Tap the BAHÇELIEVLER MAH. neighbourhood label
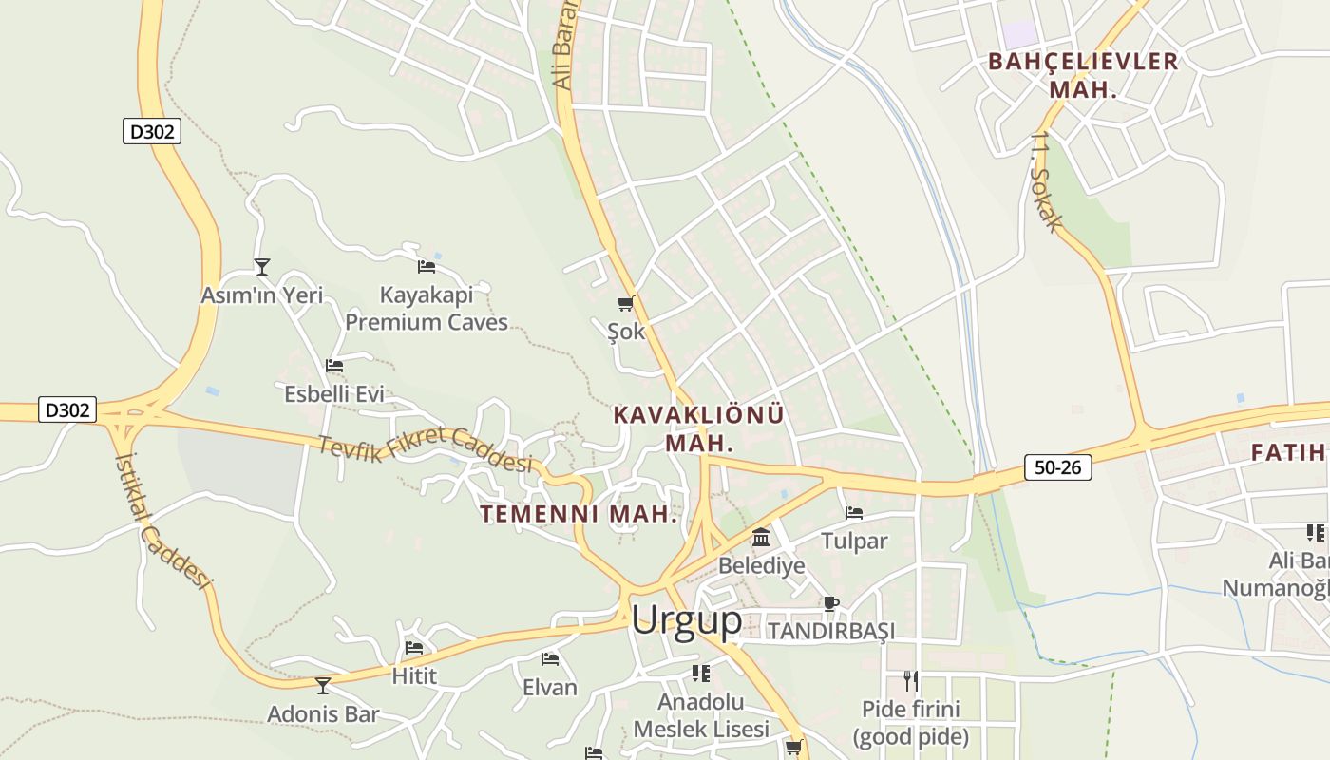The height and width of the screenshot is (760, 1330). coord(1083,75)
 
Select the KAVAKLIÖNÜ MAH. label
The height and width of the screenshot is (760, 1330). coord(699,428)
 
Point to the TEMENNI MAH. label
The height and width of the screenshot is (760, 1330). coord(579,514)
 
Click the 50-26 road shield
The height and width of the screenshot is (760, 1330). coord(1057,467)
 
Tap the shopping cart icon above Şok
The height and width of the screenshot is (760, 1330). coord(625,304)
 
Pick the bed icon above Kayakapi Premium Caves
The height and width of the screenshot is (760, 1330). coord(427,267)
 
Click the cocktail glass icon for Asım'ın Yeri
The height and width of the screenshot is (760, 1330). coord(262,267)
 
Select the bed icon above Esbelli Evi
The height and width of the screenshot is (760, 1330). coord(334,365)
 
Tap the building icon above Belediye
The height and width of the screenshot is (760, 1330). coord(761,539)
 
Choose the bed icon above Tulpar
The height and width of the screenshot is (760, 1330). coord(854,513)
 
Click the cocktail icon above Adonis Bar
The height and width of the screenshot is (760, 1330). coord(323,685)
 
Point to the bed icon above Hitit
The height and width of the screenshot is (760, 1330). coord(414,648)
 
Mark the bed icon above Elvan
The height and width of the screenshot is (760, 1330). coord(550,658)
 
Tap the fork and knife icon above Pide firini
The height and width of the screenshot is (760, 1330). coord(911,680)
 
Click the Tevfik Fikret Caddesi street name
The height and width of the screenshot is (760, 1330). coord(425,452)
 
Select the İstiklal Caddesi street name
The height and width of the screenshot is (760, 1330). coord(161,520)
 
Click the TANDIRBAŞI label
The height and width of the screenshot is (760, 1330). coord(831,631)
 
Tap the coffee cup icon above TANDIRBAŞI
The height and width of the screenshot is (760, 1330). coord(831,602)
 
